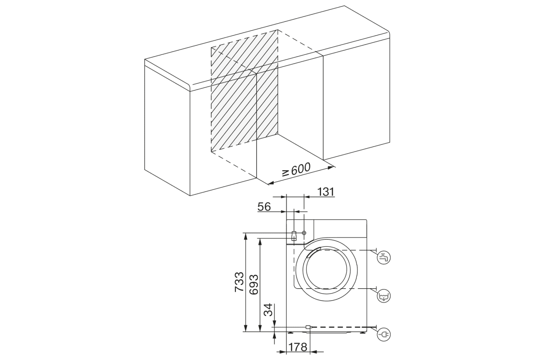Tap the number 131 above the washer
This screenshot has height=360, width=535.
[325, 192]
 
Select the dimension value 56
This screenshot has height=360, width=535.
[265, 206]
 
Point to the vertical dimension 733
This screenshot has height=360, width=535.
[239, 282]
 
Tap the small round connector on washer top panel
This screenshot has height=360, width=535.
[304, 233]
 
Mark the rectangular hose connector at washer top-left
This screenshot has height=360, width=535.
[293, 236]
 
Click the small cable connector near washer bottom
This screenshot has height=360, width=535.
[308, 327]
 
